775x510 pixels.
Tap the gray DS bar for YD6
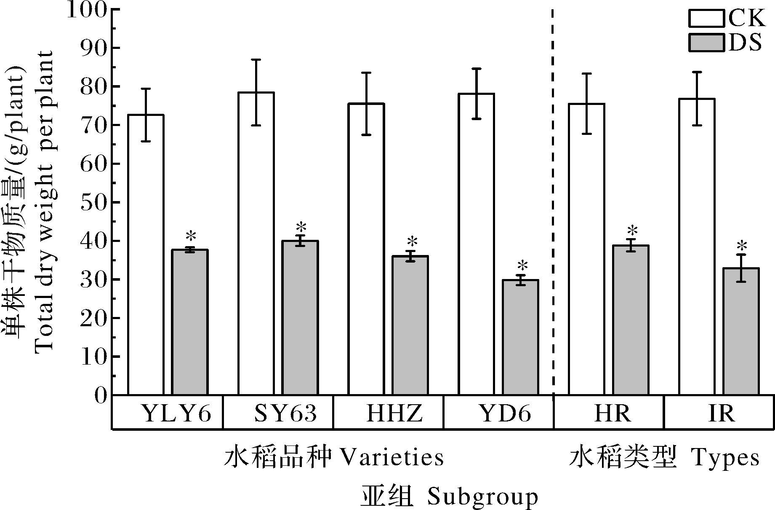tap(520, 337)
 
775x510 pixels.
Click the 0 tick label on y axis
tap(100, 395)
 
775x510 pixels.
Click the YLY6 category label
tap(175, 413)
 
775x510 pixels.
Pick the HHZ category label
tap(394, 413)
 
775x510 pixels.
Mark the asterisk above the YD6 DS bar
tap(522, 266)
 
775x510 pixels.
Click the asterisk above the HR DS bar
tap(632, 231)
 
